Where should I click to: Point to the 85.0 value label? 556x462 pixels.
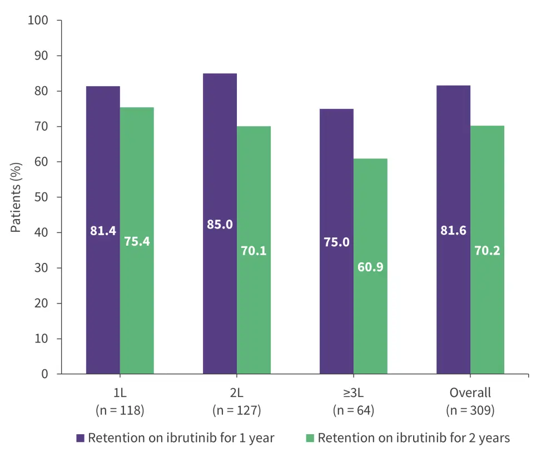(x=220, y=225)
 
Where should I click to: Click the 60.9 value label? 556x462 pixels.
(x=370, y=267)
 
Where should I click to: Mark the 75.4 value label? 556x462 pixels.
(x=137, y=242)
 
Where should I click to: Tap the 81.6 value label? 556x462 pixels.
(x=453, y=230)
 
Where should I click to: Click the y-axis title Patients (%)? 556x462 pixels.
(x=16, y=197)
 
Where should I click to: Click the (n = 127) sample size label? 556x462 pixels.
(x=236, y=411)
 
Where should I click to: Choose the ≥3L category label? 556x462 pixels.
(x=354, y=393)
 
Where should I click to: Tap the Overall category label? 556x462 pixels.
(x=470, y=393)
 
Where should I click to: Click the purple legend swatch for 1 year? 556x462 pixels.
(x=81, y=438)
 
